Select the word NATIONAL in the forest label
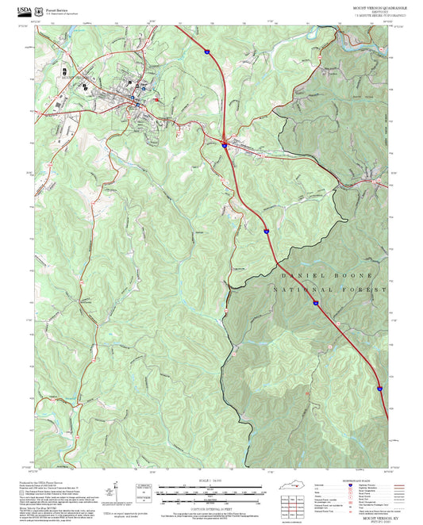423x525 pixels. pos(302,291)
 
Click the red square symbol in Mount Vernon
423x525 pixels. pos(157,99)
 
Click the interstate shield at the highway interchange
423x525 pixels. pos(225,144)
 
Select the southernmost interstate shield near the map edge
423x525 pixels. pos(379,389)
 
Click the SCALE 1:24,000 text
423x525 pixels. pos(211,480)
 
